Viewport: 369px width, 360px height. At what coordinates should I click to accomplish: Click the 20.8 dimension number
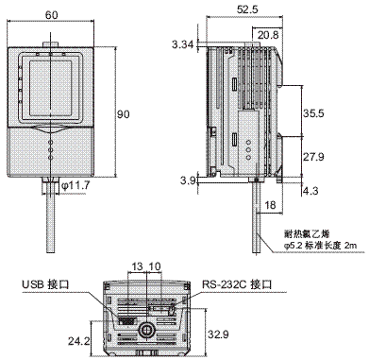click(x=268, y=34)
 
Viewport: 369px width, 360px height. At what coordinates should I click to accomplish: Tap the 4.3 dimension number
click(x=309, y=192)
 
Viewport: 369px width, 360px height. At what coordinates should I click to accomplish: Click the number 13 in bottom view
click(x=137, y=266)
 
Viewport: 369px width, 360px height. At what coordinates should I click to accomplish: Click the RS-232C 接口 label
click(x=236, y=283)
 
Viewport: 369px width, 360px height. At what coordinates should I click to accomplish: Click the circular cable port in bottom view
click(x=146, y=333)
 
